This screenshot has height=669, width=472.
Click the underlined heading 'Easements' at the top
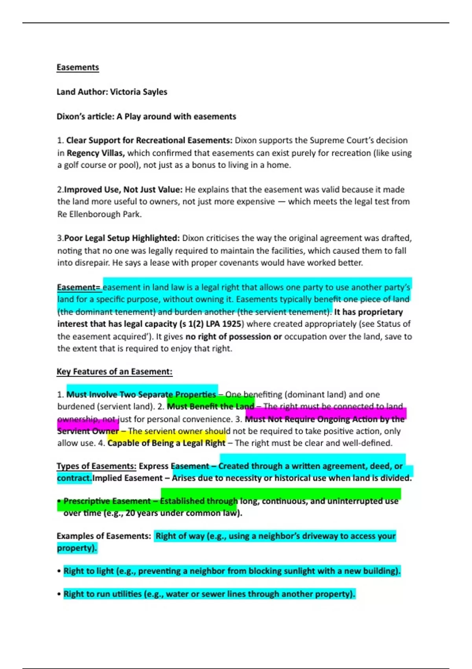click(77, 67)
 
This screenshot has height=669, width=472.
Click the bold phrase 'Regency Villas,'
click(96, 153)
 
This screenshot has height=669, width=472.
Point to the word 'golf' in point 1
click(72, 165)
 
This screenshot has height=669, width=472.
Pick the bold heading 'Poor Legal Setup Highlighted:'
click(122, 238)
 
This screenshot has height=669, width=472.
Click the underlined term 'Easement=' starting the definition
click(79, 287)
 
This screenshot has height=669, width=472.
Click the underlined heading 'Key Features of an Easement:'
click(114, 371)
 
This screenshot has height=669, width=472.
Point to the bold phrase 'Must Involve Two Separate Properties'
click(141, 394)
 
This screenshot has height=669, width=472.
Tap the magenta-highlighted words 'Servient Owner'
click(88, 431)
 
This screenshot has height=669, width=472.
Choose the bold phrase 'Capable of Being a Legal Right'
click(166, 443)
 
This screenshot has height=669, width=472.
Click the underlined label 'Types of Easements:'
click(96, 466)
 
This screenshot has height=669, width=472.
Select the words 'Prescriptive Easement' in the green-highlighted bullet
click(107, 501)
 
